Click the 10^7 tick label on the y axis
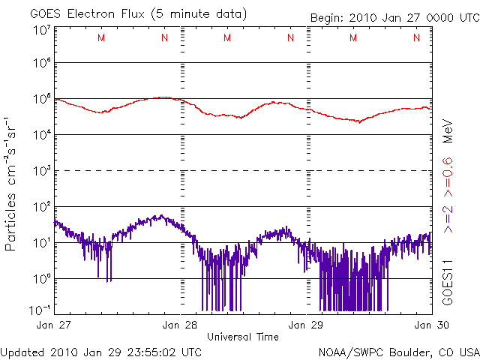pyautogui.click(x=41, y=30)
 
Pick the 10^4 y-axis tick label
pyautogui.click(x=41, y=134)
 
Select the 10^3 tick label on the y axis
pyautogui.click(x=41, y=170)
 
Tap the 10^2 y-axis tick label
pyautogui.click(x=41, y=206)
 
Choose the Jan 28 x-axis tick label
pyautogui.click(x=181, y=325)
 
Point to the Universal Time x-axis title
pyautogui.click(x=243, y=337)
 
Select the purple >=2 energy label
pyautogui.click(x=448, y=218)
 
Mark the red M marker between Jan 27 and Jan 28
pyautogui.click(x=101, y=37)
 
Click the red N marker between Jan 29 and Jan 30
pyautogui.click(x=415, y=37)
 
